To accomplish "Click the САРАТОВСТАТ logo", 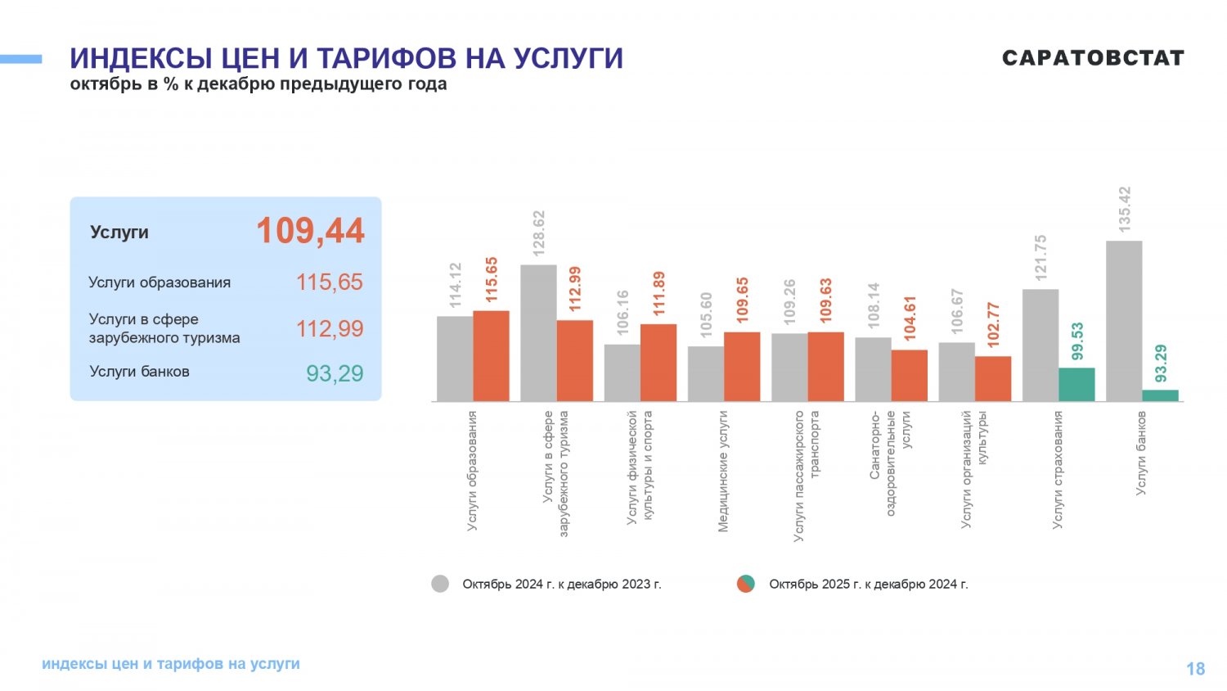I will coord(1093,58).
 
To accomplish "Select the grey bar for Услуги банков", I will coord(1124,321).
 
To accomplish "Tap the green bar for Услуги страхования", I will coord(1076,385).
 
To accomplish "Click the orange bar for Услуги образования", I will coord(491,356).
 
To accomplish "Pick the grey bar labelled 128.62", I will coord(538,333).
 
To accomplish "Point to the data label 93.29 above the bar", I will coord(1161,364).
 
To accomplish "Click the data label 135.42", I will coord(1125,209).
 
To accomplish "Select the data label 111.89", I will coord(658,293).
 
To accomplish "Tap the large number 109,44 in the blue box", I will coord(311,231).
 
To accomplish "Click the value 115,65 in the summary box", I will coord(329,282).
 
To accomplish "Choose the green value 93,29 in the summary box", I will coord(335,373).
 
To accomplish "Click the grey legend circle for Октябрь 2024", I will coord(440,584).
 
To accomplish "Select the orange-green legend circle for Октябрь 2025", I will coord(745,584).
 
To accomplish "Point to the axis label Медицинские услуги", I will coord(723,472).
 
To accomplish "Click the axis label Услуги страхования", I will coord(1058,470).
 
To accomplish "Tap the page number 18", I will coord(1195,669).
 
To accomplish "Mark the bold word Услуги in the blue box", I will coord(119,233).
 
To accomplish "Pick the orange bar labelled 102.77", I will coord(993,378).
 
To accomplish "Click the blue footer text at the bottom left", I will coord(171,664).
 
